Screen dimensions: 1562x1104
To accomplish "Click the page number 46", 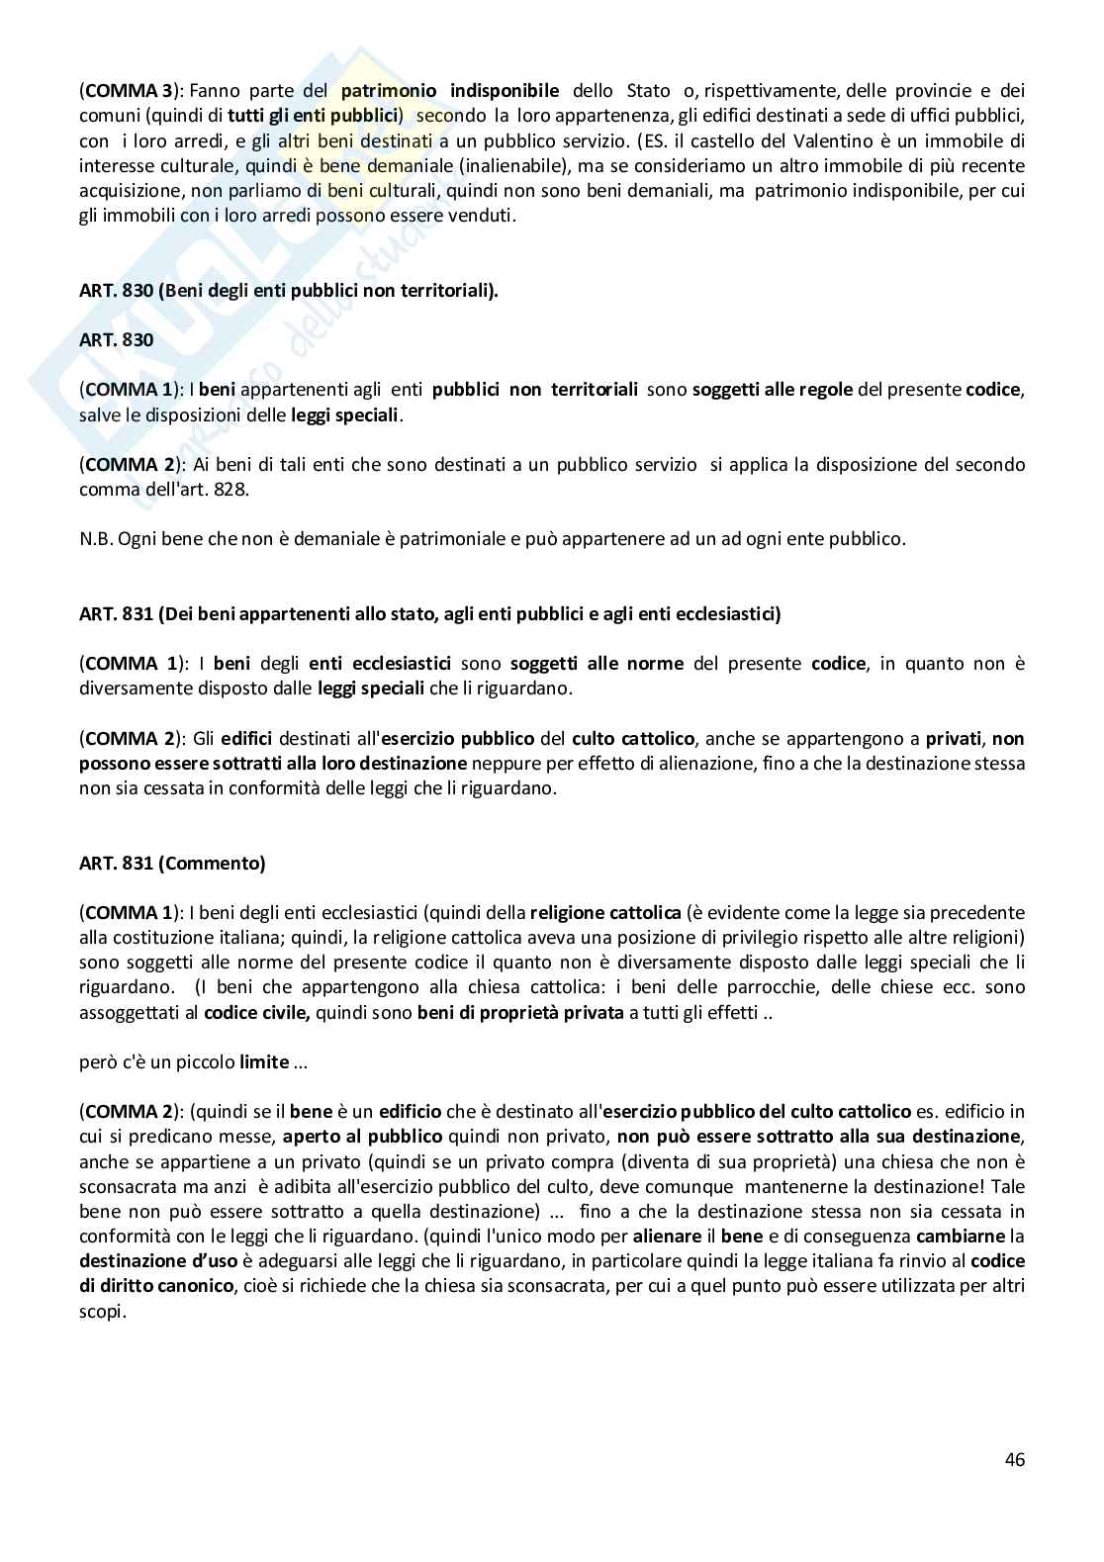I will [x=1014, y=1459].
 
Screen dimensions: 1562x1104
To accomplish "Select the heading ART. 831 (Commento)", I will [x=172, y=863].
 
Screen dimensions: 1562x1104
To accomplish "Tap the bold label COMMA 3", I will [x=123, y=91].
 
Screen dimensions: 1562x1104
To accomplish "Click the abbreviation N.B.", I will [x=95, y=539].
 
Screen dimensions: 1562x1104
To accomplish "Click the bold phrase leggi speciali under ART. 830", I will [x=345, y=414].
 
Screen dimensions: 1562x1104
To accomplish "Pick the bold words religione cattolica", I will [x=605, y=912].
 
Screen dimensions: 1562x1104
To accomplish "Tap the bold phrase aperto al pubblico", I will [x=365, y=1137].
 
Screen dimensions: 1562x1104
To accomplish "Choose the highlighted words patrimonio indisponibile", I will [x=450, y=91].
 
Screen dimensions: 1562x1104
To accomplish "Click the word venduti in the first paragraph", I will [x=480, y=214].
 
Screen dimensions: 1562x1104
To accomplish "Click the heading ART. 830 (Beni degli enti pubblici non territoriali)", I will [x=288, y=292].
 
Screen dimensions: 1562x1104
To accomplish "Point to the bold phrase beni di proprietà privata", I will [x=520, y=1011].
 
